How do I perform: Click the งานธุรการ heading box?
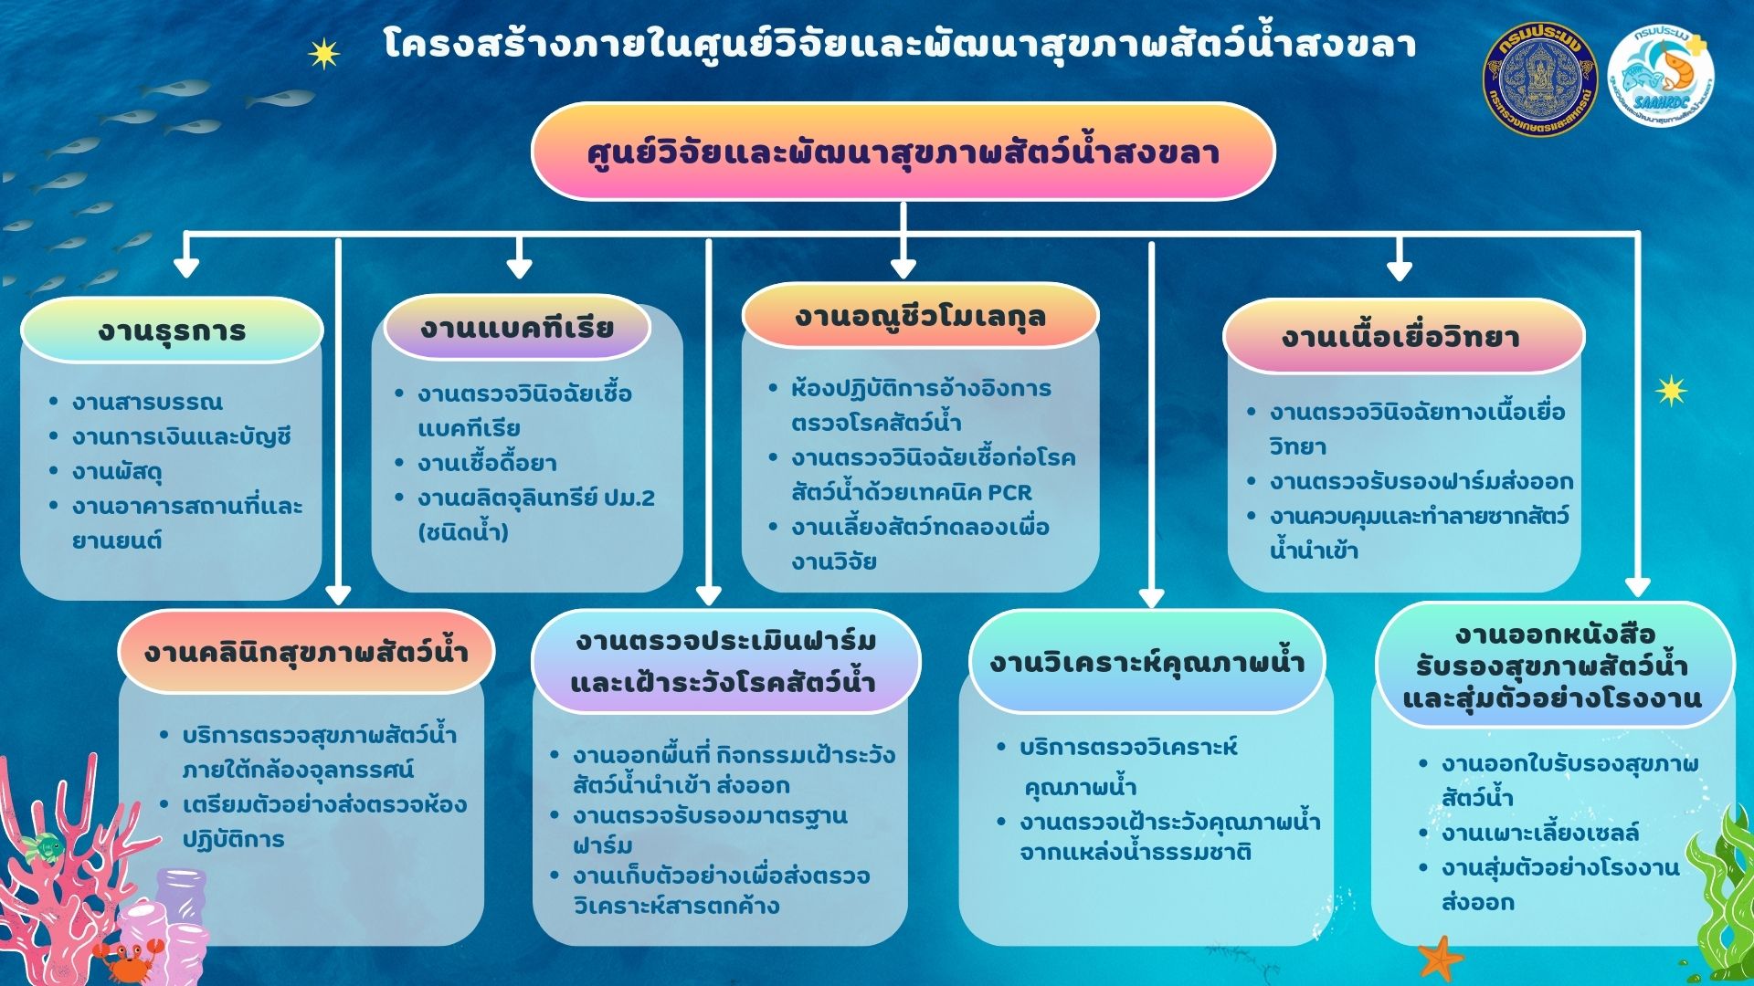[x=172, y=330]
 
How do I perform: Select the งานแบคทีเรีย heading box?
[x=517, y=327]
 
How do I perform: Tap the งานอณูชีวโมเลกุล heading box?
[x=920, y=316]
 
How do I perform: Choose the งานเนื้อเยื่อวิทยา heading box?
[x=1403, y=336]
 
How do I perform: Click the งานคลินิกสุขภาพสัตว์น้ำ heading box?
[x=306, y=652]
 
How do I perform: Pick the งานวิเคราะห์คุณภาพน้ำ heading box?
[x=1146, y=662]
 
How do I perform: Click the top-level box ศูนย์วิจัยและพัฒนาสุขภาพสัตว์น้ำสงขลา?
[x=903, y=152]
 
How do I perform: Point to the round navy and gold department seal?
[x=1539, y=80]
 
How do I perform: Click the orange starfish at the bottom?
[x=1441, y=959]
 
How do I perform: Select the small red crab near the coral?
[x=124, y=959]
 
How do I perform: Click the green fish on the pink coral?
[x=42, y=846]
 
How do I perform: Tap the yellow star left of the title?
[x=323, y=54]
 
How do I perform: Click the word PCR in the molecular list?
[x=1009, y=492]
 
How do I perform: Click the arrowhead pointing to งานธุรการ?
[x=186, y=267]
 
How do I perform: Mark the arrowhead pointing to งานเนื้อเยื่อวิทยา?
[x=1399, y=270]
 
